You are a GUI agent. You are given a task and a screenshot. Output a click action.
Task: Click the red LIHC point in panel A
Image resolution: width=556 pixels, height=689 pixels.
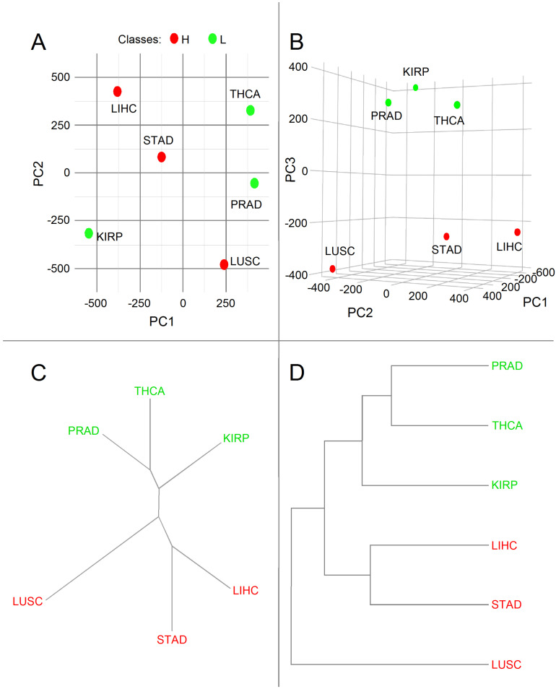(x=117, y=92)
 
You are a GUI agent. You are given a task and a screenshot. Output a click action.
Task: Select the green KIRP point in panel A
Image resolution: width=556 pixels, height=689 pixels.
(x=89, y=233)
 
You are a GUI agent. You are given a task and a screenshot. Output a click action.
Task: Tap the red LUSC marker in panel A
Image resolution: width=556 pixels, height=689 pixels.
(x=224, y=264)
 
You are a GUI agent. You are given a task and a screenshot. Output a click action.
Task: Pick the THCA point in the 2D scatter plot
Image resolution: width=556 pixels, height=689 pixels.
(x=250, y=110)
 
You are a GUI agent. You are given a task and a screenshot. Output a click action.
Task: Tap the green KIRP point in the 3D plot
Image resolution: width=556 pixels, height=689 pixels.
(x=416, y=87)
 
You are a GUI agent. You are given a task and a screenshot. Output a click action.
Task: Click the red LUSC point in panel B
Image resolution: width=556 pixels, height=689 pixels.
(x=333, y=269)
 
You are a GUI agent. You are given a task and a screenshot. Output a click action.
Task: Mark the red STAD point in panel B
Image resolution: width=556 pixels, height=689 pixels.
(x=446, y=236)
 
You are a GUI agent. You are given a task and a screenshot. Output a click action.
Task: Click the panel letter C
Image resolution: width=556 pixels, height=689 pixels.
(x=41, y=373)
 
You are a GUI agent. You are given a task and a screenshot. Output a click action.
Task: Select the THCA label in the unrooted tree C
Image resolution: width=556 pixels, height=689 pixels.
(x=149, y=391)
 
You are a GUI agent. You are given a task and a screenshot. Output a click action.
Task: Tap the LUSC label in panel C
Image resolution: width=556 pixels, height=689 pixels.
(x=27, y=601)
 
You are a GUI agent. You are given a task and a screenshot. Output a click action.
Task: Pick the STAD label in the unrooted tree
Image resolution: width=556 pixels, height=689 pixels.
(x=172, y=639)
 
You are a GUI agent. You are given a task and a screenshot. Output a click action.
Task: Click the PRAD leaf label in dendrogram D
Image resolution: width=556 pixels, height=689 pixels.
(x=506, y=365)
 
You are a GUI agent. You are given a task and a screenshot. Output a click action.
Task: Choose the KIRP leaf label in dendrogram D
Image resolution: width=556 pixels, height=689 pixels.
(x=506, y=485)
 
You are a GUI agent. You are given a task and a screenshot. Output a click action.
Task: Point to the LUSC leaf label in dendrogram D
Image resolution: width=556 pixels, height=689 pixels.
(x=506, y=664)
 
